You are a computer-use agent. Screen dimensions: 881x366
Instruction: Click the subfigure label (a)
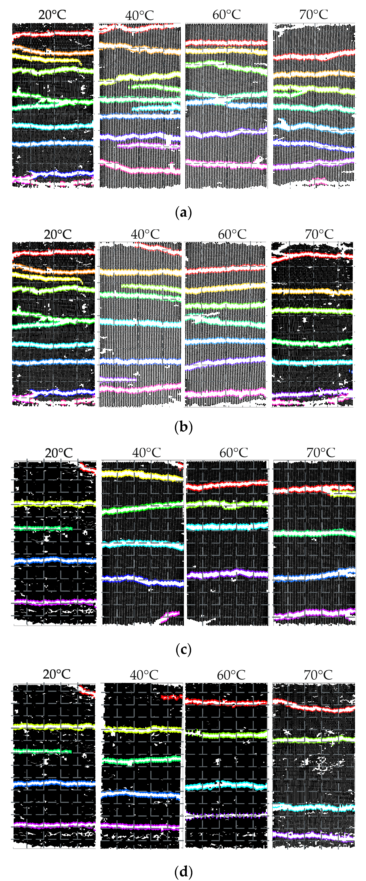pos(183,213)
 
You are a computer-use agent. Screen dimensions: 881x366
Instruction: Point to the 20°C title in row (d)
pos(56,674)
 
